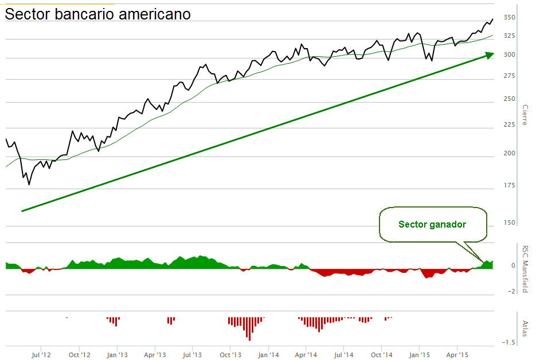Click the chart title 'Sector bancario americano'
97,14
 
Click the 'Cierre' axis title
524,115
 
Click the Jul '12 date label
41,355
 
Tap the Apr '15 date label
456,355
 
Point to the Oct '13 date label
230,355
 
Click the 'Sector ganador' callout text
432,224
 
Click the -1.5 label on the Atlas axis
507,342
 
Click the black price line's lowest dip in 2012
29,184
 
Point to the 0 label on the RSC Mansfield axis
512,265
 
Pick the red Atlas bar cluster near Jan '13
113,320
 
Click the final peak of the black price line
492,19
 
